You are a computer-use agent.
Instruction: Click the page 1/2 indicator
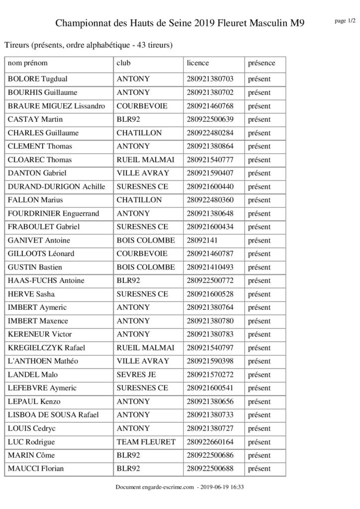point(345,21)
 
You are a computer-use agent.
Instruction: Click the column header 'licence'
point(197,63)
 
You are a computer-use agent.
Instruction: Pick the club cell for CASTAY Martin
point(128,119)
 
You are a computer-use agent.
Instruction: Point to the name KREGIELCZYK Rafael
point(46,347)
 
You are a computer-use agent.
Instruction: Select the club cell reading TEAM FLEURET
point(146,441)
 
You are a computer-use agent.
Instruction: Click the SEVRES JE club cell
point(136,374)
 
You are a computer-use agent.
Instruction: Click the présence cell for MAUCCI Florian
point(259,468)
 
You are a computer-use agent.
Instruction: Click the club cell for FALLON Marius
point(139,200)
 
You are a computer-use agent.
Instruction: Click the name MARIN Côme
point(31,455)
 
